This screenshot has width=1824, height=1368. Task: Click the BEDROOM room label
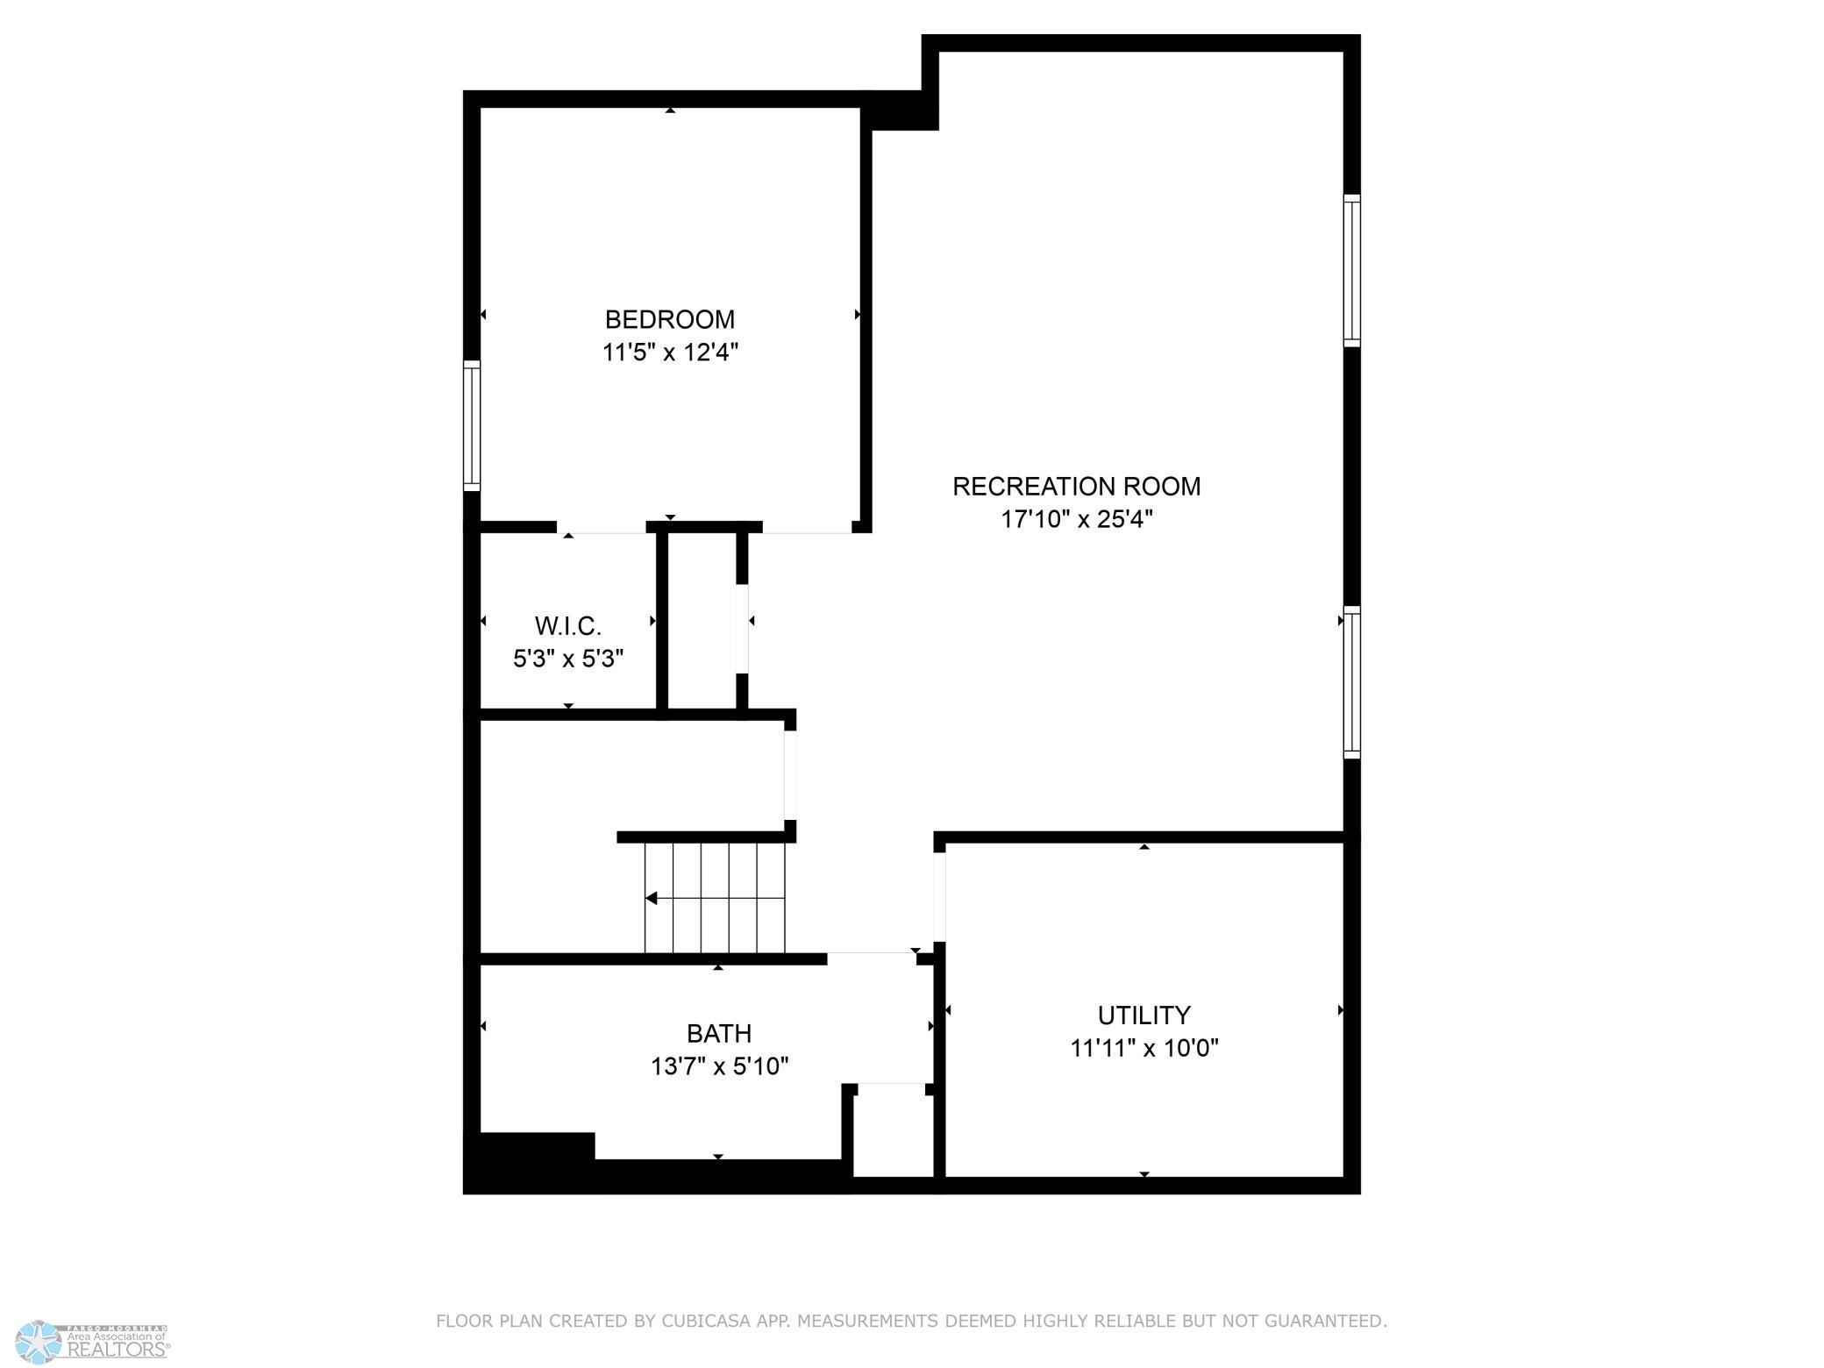click(x=670, y=319)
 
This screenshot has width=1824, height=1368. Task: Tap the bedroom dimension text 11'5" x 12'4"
click(x=670, y=353)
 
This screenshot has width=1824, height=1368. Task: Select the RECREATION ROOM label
click(x=1076, y=486)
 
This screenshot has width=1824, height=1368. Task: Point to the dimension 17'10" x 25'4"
click(x=1076, y=519)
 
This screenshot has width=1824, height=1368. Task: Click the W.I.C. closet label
click(x=568, y=626)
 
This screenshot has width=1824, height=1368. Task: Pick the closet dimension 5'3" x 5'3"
click(x=568, y=658)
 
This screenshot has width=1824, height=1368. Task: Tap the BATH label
click(x=718, y=1033)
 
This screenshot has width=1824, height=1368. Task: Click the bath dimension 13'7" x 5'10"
click(x=719, y=1066)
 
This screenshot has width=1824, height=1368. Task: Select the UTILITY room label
click(x=1144, y=1015)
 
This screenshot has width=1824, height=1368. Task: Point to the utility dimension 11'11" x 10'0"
click(x=1144, y=1048)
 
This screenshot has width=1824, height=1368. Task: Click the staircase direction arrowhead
click(x=651, y=898)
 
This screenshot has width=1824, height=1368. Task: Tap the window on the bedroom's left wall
click(x=472, y=425)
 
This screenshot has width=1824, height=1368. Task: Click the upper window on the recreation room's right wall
click(x=1351, y=270)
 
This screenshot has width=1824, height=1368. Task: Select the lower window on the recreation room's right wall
click(x=1351, y=682)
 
